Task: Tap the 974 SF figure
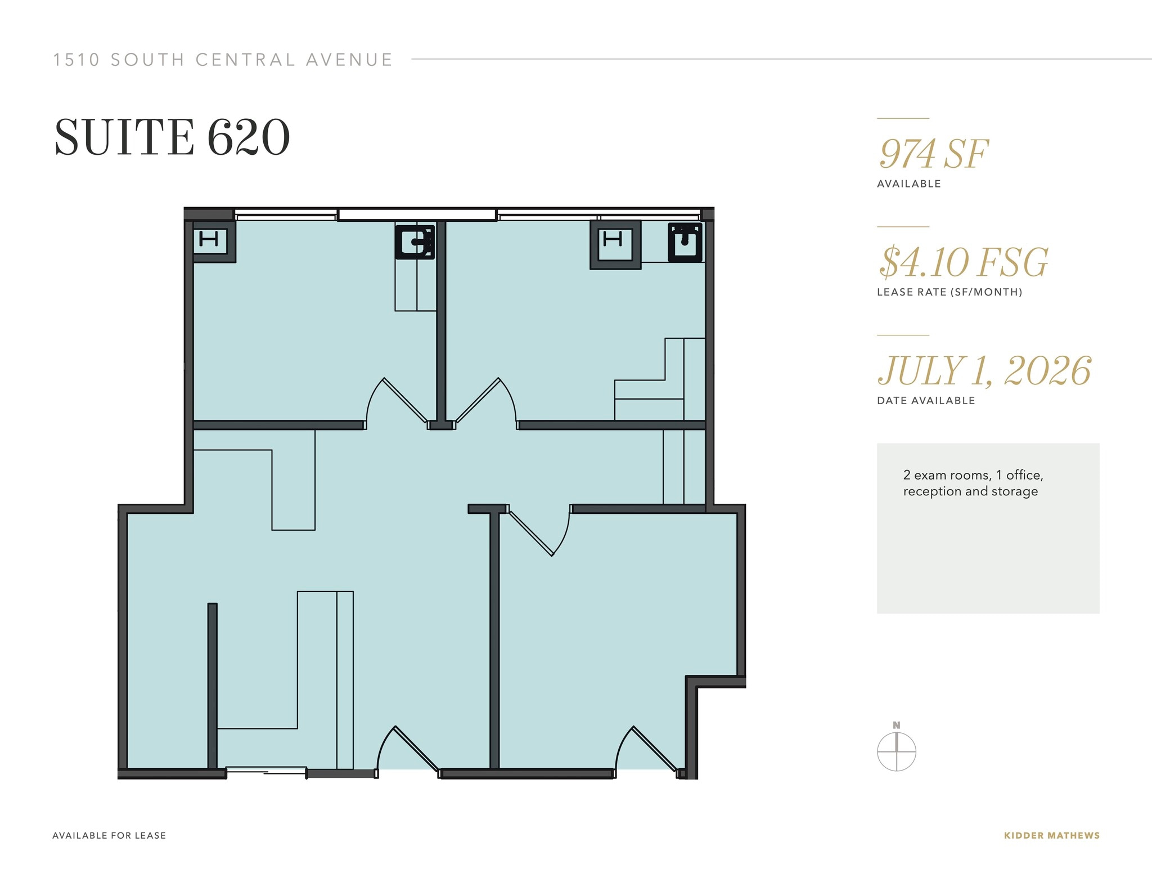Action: tap(934, 154)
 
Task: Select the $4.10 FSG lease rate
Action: tap(964, 262)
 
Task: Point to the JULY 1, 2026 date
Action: tap(984, 371)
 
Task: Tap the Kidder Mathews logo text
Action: tap(1052, 835)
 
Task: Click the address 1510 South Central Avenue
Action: tap(223, 60)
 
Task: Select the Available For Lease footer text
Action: tap(109, 835)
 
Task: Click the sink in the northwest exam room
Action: tap(415, 242)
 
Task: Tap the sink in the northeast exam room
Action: tap(685, 243)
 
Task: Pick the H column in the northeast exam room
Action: tap(615, 245)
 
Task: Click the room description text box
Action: tap(988, 528)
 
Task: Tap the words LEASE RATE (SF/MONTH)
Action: tap(949, 292)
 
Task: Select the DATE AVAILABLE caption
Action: tap(926, 401)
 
